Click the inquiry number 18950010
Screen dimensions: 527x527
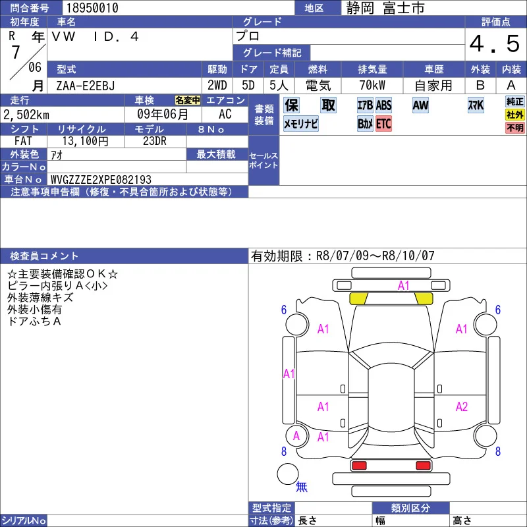click(92, 8)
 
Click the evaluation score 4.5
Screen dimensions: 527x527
click(495, 44)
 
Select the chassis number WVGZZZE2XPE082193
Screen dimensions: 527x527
click(101, 179)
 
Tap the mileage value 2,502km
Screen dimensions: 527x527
click(26, 115)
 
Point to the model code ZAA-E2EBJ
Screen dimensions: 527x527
click(86, 86)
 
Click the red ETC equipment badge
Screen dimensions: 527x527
click(383, 124)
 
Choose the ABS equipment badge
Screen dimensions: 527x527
click(383, 105)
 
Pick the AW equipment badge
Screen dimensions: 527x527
click(420, 105)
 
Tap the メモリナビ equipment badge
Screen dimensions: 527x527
click(301, 124)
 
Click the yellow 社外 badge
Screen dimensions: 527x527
click(515, 115)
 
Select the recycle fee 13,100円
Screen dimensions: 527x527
click(86, 141)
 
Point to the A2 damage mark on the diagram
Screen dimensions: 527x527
click(462, 406)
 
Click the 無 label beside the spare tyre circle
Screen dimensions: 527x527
click(302, 486)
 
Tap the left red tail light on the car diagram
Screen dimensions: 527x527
click(358, 466)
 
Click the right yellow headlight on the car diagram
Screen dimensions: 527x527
click(424, 298)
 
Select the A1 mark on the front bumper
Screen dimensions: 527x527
click(403, 286)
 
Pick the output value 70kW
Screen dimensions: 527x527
click(372, 86)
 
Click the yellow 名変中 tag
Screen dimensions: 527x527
click(188, 100)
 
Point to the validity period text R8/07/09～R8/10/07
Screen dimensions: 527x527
click(375, 256)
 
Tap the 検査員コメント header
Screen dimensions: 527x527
click(44, 256)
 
